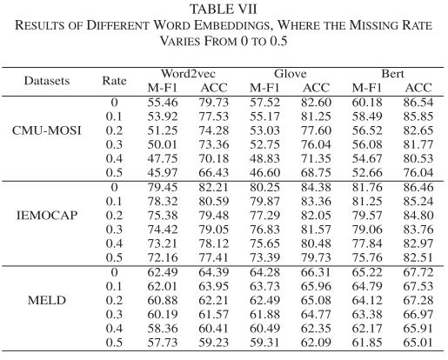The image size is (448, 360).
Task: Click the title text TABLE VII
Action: point(224,8)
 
